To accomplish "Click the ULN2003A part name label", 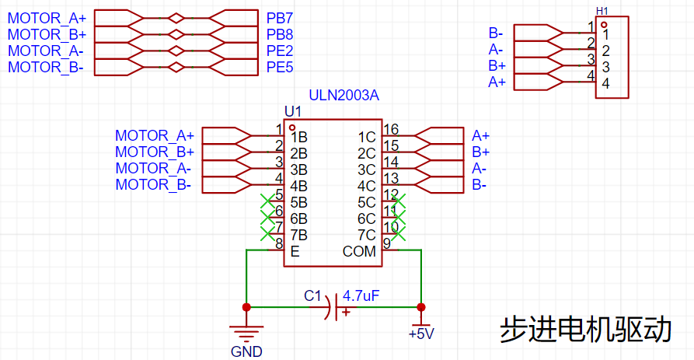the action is coord(344,95).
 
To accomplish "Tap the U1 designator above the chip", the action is coord(293,111).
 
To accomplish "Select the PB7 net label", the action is coord(280,18).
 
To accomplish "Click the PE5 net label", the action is coord(280,68).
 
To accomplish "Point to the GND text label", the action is coord(246,351).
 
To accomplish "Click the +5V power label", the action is coord(421,334).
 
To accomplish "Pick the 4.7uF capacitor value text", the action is coord(361,295).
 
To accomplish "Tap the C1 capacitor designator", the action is coord(312,295).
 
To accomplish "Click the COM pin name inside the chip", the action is coord(359,251).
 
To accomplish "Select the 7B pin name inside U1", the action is coord(298,235).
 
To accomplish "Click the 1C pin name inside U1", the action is coord(367,138).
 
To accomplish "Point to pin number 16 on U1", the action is coord(391,129).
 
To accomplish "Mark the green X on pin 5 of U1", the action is coord(268,201).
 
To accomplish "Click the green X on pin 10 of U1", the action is coord(398,233).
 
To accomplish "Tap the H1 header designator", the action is coord(602,11).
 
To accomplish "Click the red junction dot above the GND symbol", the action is coord(246,307).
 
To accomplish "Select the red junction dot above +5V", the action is coord(421,307).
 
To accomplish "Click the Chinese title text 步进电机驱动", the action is coord(585,330).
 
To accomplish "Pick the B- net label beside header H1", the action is coord(496,33).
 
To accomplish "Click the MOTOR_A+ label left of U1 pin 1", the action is coord(155,135).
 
